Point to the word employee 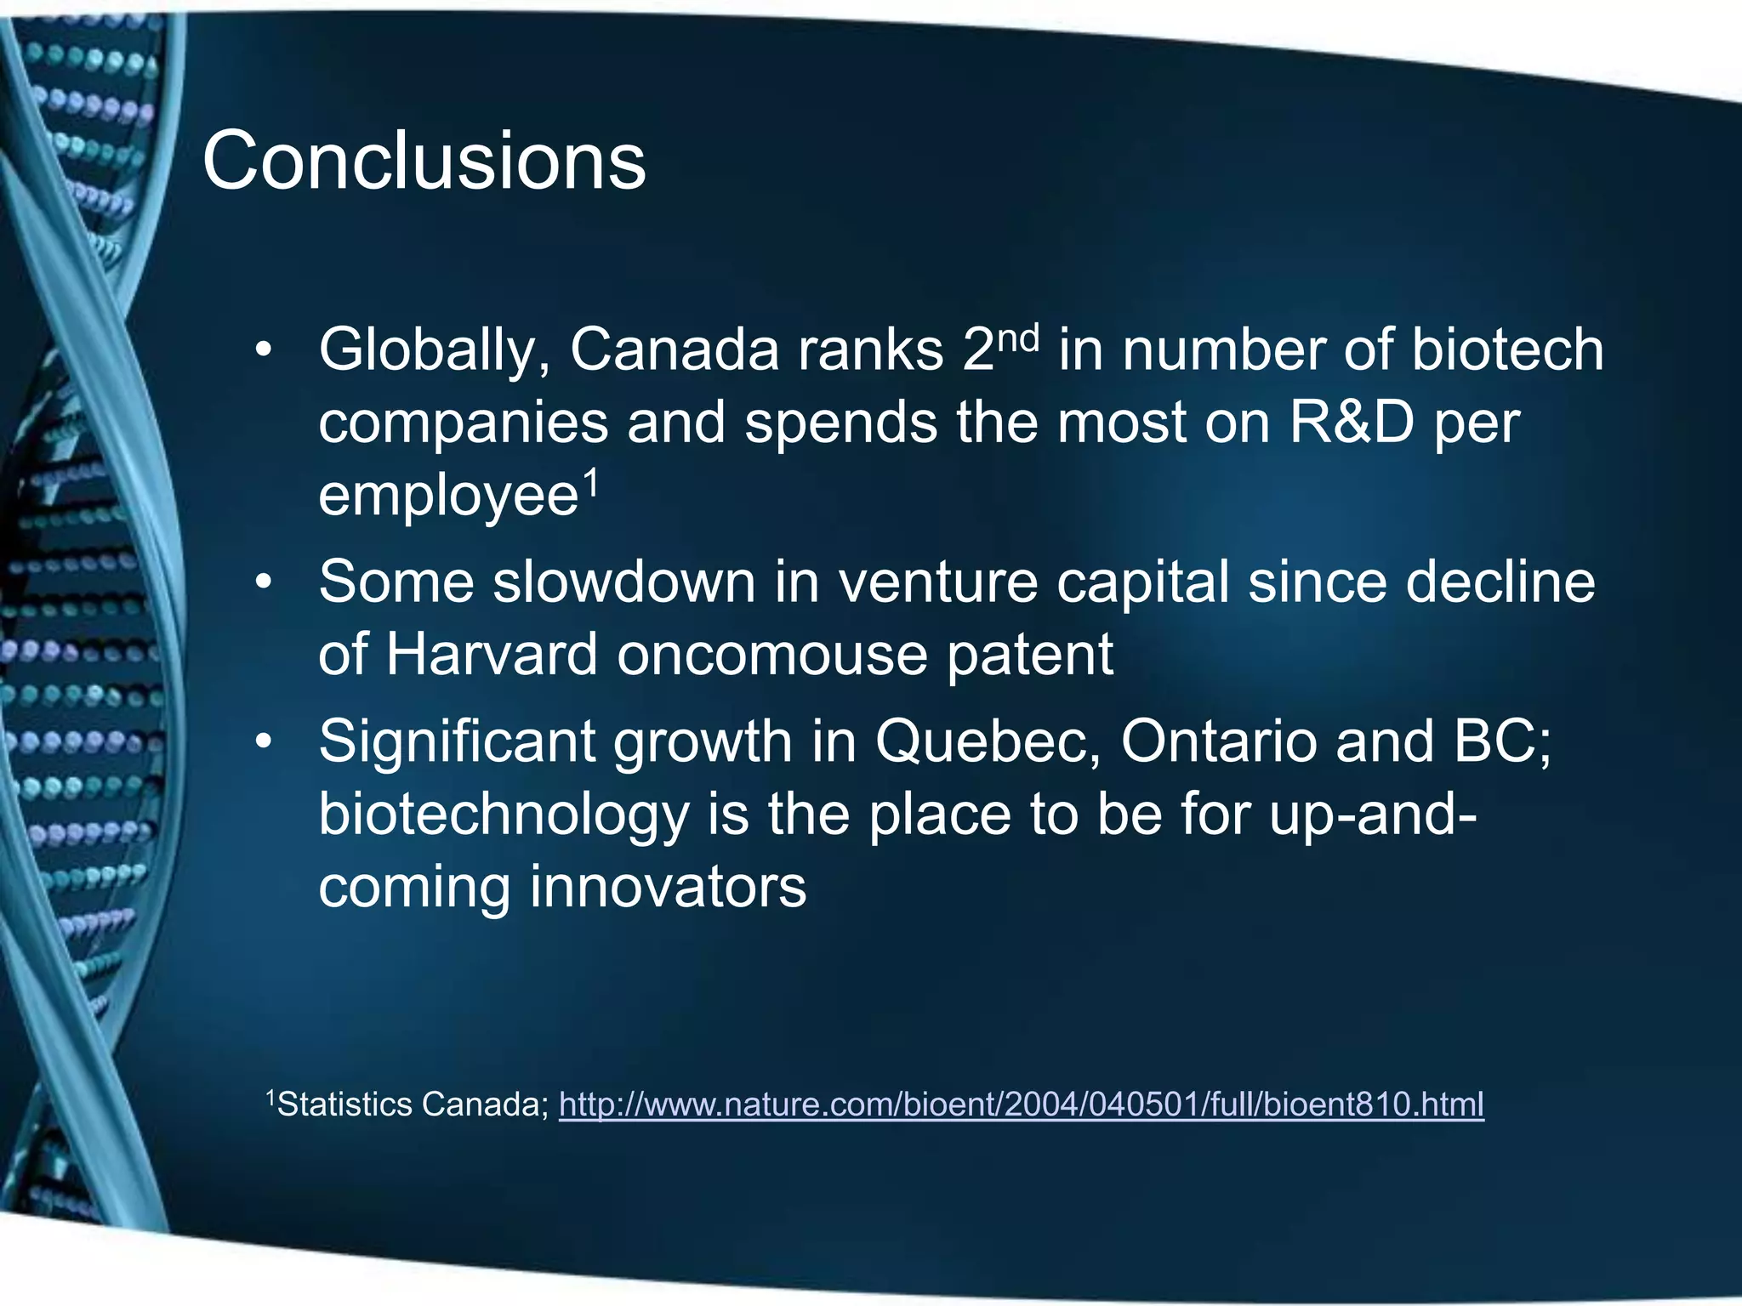pyautogui.click(x=448, y=496)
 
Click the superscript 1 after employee pyautogui.click(x=591, y=485)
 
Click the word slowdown pyautogui.click(x=623, y=582)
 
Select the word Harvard pyautogui.click(x=492, y=655)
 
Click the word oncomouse pyautogui.click(x=771, y=655)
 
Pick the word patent pyautogui.click(x=1030, y=655)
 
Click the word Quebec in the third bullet pyautogui.click(x=988, y=741)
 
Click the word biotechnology pyautogui.click(x=504, y=815)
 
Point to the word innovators pyautogui.click(x=668, y=887)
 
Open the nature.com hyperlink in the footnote pyautogui.click(x=1021, y=1104)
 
